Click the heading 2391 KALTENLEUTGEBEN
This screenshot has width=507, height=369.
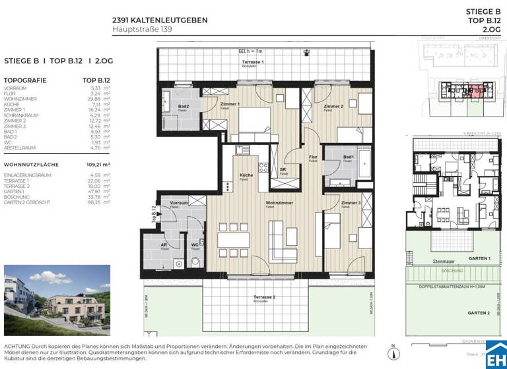pos(160,20)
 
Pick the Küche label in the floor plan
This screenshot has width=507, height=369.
pos(246,176)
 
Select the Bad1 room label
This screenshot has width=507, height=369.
pos(348,157)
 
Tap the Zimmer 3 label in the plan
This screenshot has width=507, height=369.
pos(351,204)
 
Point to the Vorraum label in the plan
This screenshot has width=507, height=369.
pos(180,203)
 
